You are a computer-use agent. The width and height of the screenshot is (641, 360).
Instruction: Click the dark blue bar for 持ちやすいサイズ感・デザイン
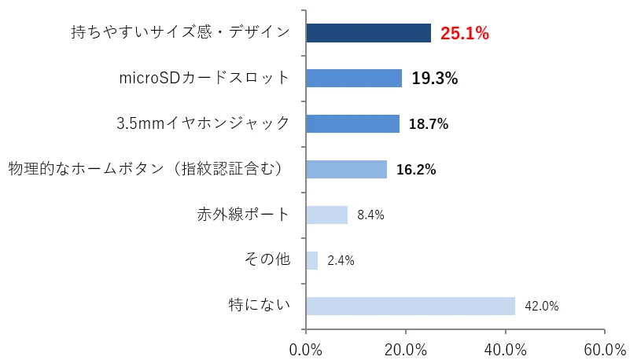[x=368, y=32]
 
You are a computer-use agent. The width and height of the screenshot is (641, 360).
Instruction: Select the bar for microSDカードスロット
[x=354, y=78]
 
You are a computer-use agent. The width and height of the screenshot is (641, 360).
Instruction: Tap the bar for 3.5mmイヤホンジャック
[x=352, y=123]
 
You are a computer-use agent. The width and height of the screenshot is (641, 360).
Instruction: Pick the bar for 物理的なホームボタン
[x=346, y=169]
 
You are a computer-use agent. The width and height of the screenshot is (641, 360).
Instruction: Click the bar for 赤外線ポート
[x=326, y=215]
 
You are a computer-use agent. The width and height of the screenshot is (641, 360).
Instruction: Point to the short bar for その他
[x=311, y=260]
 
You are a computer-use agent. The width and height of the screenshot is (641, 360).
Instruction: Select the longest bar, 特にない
[x=410, y=306]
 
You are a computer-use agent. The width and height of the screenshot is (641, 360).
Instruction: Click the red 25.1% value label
[x=464, y=33]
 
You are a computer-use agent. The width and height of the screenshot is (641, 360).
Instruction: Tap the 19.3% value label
[x=434, y=79]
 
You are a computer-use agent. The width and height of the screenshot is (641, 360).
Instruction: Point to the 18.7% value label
[x=428, y=124]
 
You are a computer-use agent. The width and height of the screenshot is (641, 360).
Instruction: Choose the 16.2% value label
[x=416, y=170]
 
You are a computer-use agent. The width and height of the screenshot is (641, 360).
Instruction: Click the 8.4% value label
[x=370, y=215]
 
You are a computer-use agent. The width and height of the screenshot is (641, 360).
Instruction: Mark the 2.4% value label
[x=341, y=261]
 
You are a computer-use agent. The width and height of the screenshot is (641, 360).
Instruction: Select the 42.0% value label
[x=541, y=307]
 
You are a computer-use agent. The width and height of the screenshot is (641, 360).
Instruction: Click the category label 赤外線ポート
[x=243, y=214]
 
